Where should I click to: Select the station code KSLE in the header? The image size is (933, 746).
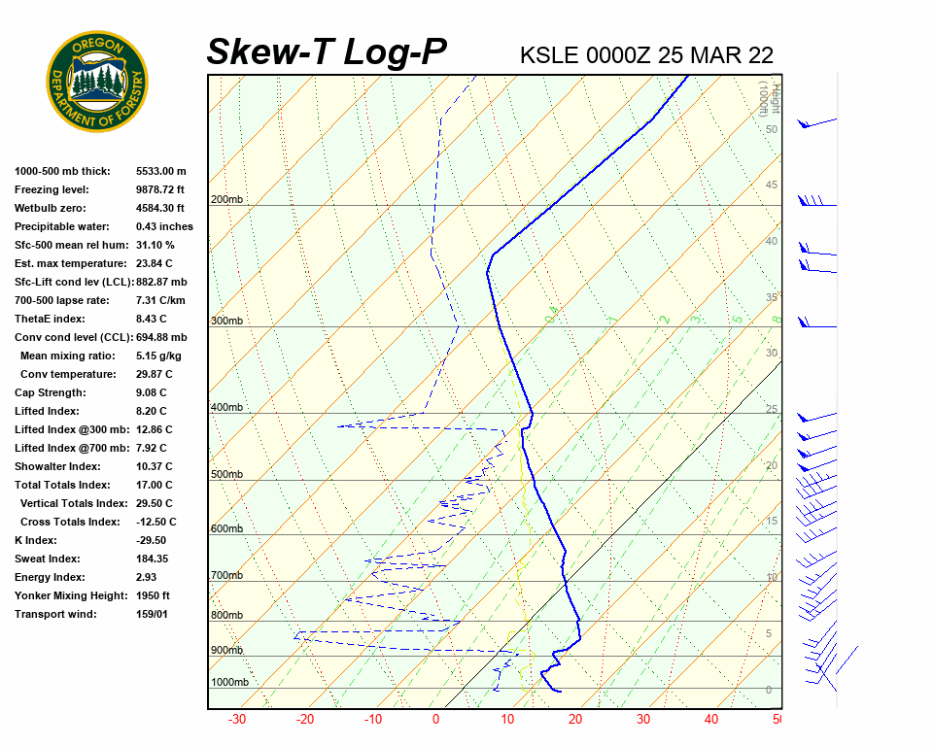click(550, 55)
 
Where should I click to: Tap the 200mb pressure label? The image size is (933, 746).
click(226, 200)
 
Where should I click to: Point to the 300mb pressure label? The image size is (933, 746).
click(226, 321)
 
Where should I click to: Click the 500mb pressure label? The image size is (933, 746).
click(226, 475)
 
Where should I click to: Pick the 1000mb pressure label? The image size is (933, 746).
click(229, 683)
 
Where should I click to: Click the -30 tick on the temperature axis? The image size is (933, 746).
click(236, 720)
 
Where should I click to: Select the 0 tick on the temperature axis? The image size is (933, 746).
click(435, 720)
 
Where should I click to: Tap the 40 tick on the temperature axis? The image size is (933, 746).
click(711, 720)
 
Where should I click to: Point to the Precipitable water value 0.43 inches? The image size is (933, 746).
click(164, 226)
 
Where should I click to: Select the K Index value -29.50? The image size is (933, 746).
click(151, 540)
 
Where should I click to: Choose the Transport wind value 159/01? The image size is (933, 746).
click(153, 614)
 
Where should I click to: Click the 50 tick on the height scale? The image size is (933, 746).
click(771, 129)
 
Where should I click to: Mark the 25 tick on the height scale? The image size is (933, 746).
click(772, 410)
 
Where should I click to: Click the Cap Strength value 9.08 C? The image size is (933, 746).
click(154, 392)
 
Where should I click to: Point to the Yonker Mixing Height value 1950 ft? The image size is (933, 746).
click(154, 595)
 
